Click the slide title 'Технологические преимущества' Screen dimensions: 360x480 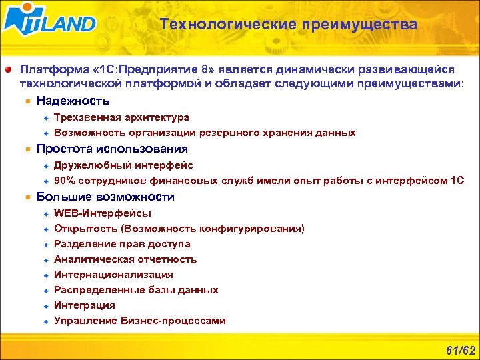tap(289, 25)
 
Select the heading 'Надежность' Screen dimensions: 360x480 tap(73, 101)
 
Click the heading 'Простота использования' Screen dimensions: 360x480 tap(112, 149)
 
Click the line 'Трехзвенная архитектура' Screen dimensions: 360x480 tap(121, 117)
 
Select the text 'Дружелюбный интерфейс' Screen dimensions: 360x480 tap(123, 165)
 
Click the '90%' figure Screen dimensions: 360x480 tap(65, 181)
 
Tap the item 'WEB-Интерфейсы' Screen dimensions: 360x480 tap(103, 213)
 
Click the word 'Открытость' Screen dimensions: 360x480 tap(81, 229)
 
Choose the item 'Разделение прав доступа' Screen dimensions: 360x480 tap(122, 244)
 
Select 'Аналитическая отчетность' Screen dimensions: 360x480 tap(125, 259)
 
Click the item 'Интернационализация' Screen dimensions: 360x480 tap(113, 275)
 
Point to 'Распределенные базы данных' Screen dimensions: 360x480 tap(136, 290)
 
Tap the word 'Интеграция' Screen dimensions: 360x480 tap(84, 305)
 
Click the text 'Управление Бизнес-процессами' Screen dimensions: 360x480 tap(140, 321)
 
